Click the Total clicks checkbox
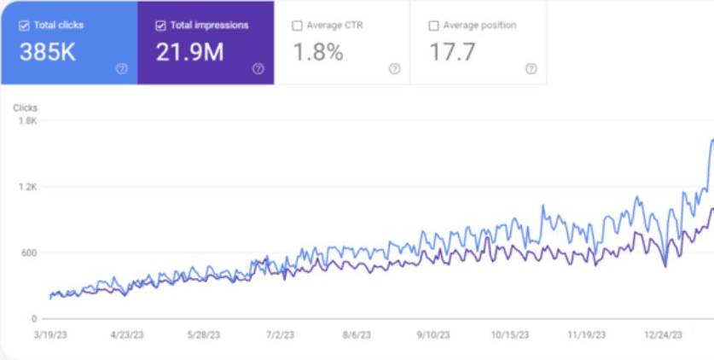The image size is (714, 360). point(24,26)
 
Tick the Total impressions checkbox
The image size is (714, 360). point(160,26)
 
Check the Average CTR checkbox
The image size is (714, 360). point(298,26)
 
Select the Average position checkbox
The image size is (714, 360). point(433,26)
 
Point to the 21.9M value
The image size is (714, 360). point(189,53)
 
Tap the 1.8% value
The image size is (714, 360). point(318,53)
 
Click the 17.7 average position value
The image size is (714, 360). point(452,53)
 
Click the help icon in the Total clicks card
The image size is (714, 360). point(121,69)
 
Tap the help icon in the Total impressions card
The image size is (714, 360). point(258,69)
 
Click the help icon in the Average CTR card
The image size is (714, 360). point(394,69)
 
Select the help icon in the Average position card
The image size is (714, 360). point(531,69)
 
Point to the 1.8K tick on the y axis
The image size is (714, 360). point(28,121)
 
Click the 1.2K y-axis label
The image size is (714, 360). point(28,187)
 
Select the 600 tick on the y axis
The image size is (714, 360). point(29,253)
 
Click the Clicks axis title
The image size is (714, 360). point(26,108)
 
